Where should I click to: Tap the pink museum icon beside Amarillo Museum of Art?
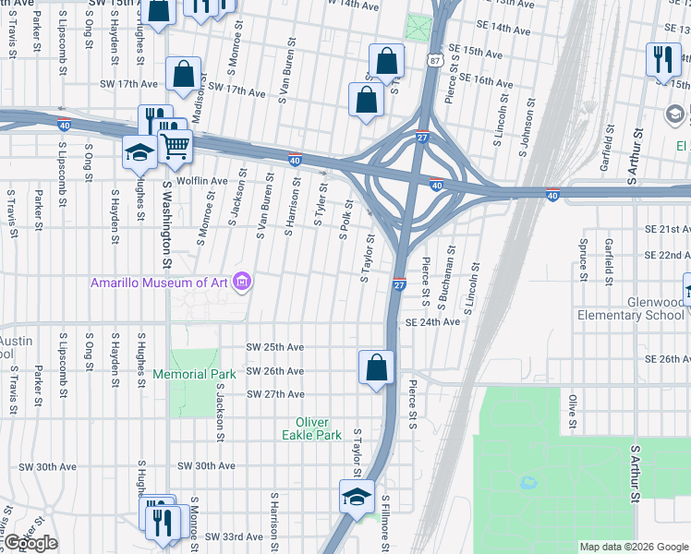(242, 281)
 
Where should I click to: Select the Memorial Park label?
(195, 374)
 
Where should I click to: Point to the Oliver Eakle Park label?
(312, 428)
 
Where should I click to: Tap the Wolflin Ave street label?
(202, 181)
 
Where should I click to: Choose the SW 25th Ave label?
(274, 347)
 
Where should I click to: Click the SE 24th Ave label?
(432, 322)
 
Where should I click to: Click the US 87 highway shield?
(435, 60)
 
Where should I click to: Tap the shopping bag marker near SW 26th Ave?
(377, 367)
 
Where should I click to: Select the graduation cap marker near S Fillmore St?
(357, 497)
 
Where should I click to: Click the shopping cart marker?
(175, 144)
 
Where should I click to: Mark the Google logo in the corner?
(29, 544)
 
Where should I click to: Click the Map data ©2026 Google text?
(634, 547)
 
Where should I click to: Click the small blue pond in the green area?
(527, 482)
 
